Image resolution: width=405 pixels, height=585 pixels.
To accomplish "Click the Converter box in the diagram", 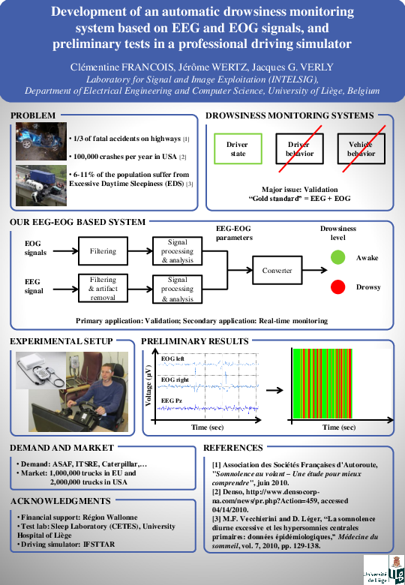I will tap(277, 270).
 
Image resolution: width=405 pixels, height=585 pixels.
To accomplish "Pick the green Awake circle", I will tap(337, 258).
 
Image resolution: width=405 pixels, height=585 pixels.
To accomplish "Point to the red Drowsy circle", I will tap(337, 286).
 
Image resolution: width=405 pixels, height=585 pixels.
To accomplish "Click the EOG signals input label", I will tap(35, 248).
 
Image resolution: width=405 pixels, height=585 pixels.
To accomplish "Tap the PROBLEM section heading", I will tap(33, 115).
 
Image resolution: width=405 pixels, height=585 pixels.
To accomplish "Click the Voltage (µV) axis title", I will tap(149, 386).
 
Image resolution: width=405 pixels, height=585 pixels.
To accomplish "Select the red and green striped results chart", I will tap(334, 387).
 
